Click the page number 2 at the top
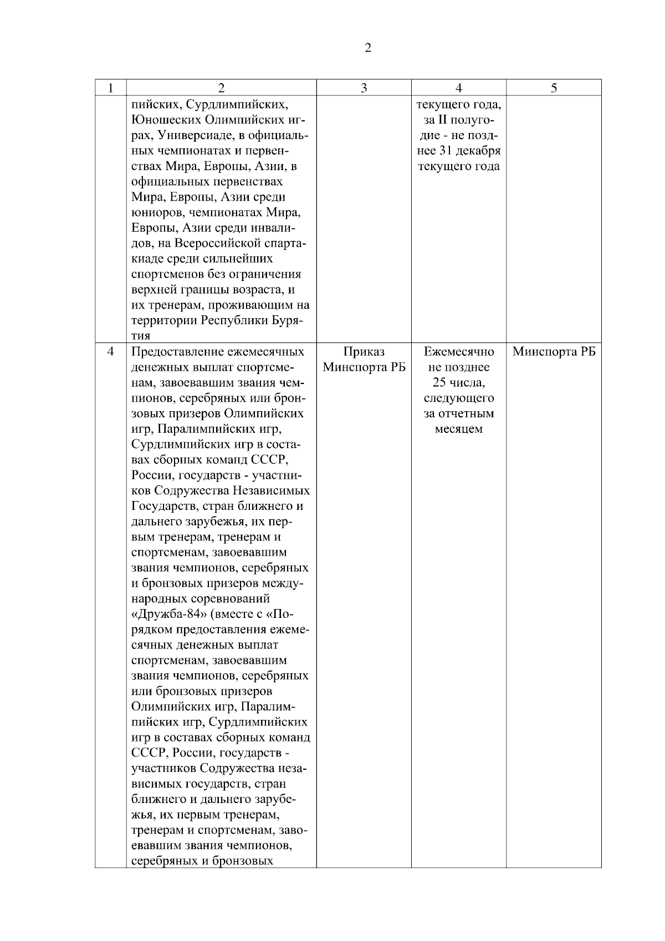368,48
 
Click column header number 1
111,88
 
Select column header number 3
364,88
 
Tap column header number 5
554,88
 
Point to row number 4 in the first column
111,352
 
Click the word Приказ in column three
364,352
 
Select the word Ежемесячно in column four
459,352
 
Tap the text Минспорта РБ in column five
554,352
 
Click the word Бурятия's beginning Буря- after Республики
291,321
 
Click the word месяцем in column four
459,429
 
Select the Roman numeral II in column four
442,120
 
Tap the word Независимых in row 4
271,491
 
